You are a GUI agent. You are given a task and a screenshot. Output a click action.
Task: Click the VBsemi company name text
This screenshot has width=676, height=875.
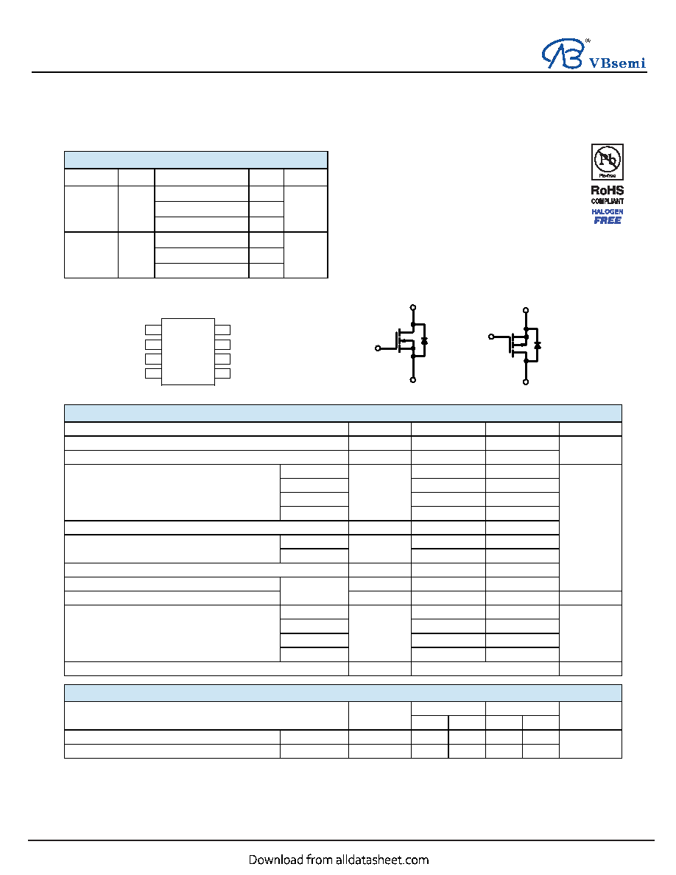[617, 63]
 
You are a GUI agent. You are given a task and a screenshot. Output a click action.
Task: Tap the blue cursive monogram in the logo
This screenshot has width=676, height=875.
[563, 54]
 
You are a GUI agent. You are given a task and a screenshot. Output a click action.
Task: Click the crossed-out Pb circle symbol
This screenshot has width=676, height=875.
[607, 160]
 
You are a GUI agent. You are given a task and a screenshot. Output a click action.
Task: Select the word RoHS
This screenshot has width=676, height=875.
[608, 190]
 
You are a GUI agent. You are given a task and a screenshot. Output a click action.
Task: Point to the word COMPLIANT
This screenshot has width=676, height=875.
[608, 201]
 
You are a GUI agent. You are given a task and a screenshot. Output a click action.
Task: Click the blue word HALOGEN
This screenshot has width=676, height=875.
[608, 211]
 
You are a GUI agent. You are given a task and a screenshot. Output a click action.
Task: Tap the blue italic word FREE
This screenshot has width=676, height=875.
[608, 220]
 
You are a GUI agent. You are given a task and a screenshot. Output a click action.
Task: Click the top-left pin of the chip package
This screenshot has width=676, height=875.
[153, 330]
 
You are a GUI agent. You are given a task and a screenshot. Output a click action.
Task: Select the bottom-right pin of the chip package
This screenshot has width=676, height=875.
[222, 373]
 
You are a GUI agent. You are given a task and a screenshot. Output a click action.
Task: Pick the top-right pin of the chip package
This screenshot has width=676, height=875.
[222, 330]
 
